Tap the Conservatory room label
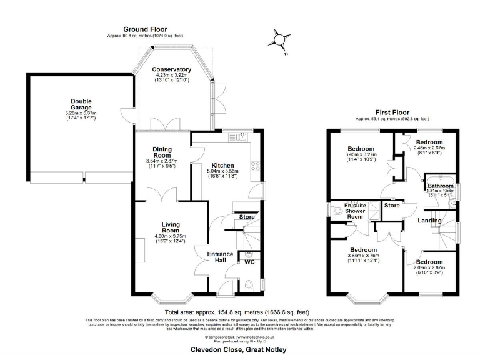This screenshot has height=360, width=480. coord(173,69)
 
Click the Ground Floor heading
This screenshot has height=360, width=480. coord(146,29)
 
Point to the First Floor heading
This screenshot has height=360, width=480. coord(392,112)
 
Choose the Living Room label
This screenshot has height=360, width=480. coord(171,227)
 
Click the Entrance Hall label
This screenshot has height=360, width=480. coord(221,257)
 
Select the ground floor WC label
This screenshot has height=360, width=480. coord(249,262)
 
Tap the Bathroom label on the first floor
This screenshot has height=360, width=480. coord(440,186)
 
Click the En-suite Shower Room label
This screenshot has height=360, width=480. coord(356,211)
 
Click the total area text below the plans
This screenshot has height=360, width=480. coord(236,312)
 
